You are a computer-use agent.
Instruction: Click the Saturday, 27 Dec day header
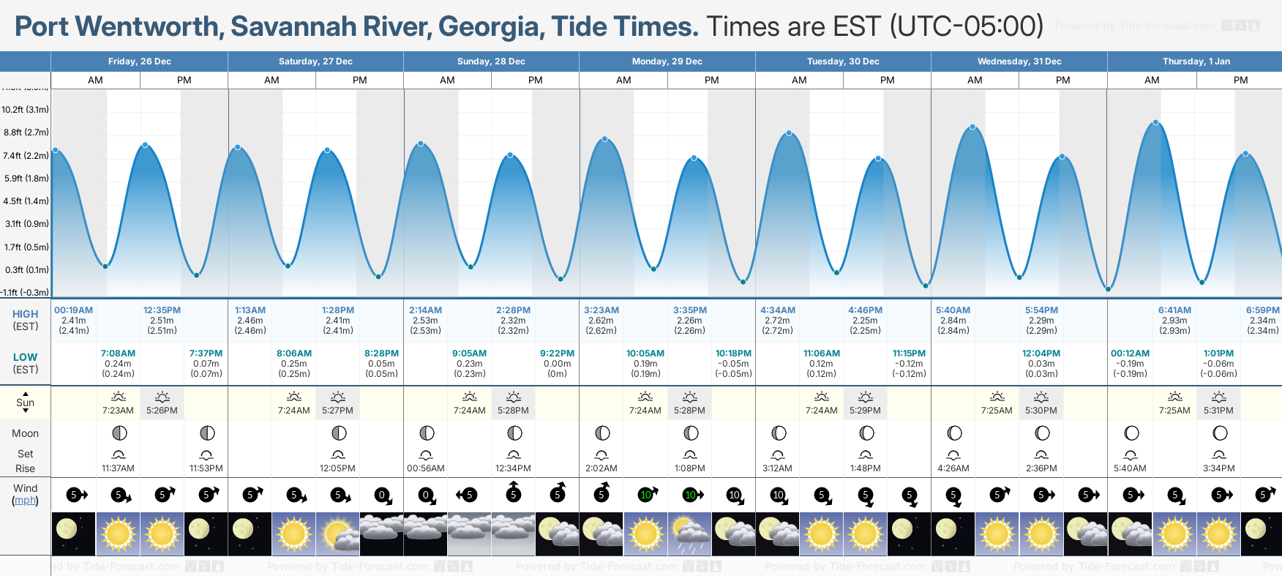click(315, 61)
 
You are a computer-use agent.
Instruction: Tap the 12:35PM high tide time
click(162, 310)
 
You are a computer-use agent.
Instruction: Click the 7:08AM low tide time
click(118, 354)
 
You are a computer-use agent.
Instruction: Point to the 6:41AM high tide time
click(1174, 310)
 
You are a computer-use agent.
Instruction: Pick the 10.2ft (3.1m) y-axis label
click(25, 110)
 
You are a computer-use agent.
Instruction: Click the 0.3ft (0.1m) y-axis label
click(27, 270)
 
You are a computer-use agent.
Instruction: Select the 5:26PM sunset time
click(162, 411)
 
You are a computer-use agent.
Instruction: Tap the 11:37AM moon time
click(118, 468)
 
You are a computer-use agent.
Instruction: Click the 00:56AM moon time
click(426, 468)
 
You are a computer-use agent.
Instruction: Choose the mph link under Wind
click(25, 501)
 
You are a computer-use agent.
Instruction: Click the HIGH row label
click(25, 314)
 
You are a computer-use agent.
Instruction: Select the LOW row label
click(25, 357)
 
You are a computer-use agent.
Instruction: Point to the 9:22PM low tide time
click(557, 354)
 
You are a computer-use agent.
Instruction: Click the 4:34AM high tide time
click(777, 310)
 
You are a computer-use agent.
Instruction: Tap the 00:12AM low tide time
click(1130, 354)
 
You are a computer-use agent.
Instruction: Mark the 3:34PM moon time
click(1219, 468)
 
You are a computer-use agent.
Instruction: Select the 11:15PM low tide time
click(909, 354)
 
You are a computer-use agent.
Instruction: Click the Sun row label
click(25, 403)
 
